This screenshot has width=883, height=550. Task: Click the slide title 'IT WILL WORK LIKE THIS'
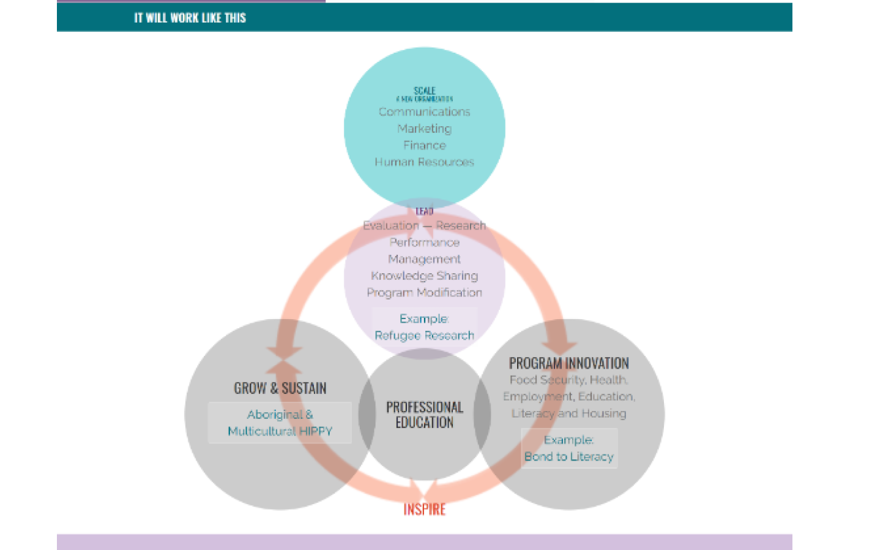[x=190, y=18]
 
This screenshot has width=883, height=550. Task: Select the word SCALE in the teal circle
[x=424, y=91]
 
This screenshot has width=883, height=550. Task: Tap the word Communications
[x=424, y=112]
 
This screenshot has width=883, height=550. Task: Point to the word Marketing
[x=424, y=129]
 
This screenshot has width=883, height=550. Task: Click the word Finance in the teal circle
[x=424, y=145]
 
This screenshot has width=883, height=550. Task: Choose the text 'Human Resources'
[x=424, y=162]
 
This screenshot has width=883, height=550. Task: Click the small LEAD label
[x=424, y=211]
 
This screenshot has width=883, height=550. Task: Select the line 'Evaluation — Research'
[x=424, y=226]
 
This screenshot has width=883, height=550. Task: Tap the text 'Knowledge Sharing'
[x=424, y=276]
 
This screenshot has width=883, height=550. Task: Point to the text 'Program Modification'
[x=424, y=293]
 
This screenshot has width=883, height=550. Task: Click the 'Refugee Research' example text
[x=424, y=336]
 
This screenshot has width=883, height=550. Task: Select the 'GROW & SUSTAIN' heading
[x=280, y=388]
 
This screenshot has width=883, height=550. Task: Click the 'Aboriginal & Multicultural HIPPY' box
[x=280, y=423]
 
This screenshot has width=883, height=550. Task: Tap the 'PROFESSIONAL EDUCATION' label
[x=424, y=415]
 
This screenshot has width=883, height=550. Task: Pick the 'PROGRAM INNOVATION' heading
[x=568, y=363]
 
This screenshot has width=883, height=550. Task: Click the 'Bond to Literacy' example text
[x=568, y=457]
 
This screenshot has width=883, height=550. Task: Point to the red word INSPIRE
[x=424, y=509]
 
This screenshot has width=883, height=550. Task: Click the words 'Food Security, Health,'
[x=568, y=380]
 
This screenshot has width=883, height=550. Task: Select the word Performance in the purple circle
[x=424, y=243]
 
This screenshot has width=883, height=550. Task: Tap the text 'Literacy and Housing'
[x=568, y=413]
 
